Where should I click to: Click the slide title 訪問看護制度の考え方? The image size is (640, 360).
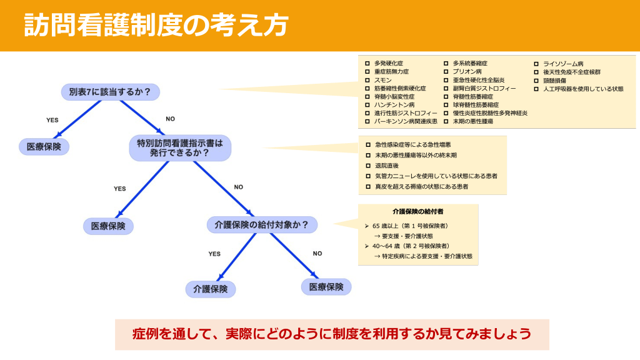click(156, 26)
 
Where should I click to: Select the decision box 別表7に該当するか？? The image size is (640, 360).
click(110, 92)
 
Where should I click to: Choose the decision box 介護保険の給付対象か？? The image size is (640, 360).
click(262, 224)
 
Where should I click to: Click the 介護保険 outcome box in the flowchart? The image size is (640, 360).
click(211, 289)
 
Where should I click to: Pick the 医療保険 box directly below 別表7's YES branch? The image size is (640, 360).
click(44, 147)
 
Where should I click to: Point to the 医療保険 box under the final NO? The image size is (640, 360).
click(326, 287)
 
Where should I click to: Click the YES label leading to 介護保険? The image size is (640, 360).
click(214, 254)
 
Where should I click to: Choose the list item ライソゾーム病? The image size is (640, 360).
click(562, 64)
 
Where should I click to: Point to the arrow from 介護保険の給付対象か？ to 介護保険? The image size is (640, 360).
click(235, 256)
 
